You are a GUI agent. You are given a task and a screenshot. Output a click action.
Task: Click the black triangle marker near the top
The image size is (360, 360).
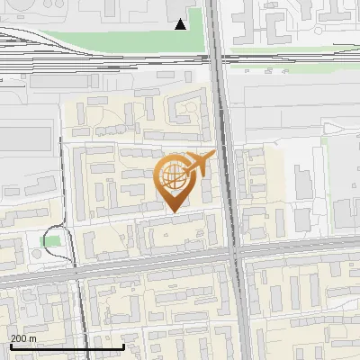(x=181, y=24)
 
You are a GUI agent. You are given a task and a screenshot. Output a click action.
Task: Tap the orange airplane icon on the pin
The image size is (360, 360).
(x=199, y=163)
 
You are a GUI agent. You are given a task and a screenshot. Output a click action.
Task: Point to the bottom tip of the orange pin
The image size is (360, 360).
(x=172, y=211)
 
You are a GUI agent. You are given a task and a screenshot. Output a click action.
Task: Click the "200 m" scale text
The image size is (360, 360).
(x=23, y=338)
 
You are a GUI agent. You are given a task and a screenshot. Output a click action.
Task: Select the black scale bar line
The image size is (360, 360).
(x=67, y=347)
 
